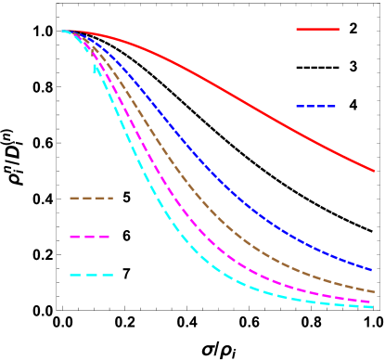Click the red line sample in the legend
click(317, 29)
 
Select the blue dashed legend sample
click(316, 107)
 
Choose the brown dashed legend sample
click(91, 198)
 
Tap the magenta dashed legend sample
click(91, 238)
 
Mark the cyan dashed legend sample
click(91, 275)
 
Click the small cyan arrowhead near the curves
click(95, 67)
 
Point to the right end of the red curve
click(373, 171)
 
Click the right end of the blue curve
click(373, 270)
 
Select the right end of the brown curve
click(373, 291)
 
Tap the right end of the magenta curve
click(373, 302)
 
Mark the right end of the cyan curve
click(373, 307)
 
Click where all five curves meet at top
click(65, 31)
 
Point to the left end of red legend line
click(297, 29)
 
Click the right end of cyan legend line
click(113, 275)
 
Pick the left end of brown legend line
click(70, 198)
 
